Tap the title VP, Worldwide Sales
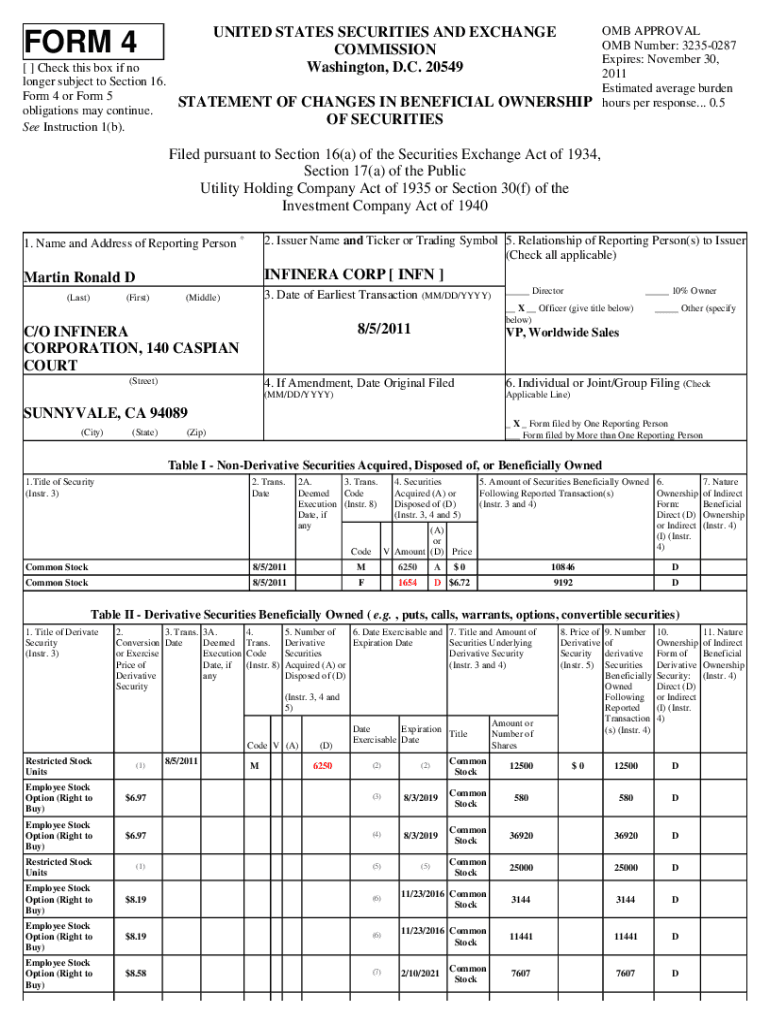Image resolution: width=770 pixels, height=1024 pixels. click(x=562, y=333)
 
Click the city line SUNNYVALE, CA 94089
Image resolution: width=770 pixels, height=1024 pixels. click(x=106, y=413)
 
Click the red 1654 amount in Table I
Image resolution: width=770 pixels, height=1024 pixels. click(x=407, y=582)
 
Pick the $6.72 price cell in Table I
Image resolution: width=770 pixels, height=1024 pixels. click(x=460, y=582)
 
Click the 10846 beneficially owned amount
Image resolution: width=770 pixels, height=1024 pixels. click(x=563, y=566)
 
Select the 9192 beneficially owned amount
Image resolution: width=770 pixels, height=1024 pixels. click(x=563, y=582)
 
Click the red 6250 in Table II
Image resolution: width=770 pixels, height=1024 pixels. click(x=322, y=766)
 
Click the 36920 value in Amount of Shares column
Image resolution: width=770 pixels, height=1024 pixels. click(x=520, y=836)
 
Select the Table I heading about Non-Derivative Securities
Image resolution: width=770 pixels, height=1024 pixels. click(x=384, y=465)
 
